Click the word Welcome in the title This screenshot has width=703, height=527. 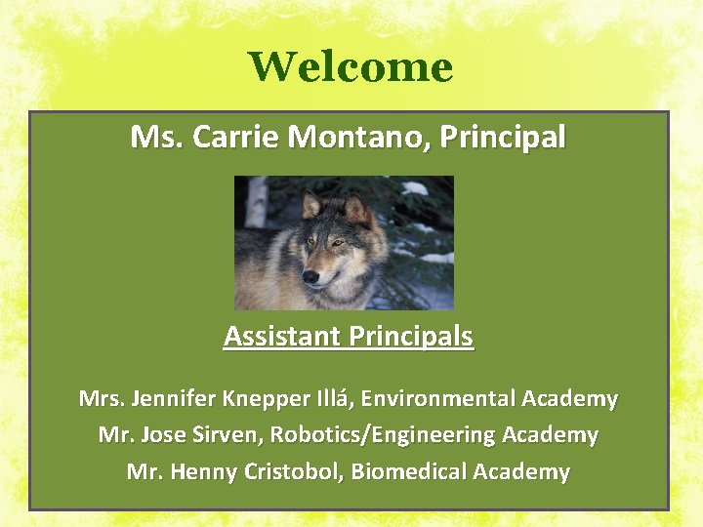tap(351, 67)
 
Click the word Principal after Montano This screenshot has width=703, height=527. tap(502, 138)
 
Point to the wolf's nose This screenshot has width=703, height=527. tap(311, 276)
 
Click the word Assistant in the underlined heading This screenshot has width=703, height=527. tap(283, 337)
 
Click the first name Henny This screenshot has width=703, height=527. tap(203, 472)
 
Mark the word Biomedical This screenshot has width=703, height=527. tap(409, 472)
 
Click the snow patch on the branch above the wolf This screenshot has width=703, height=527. tap(414, 188)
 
